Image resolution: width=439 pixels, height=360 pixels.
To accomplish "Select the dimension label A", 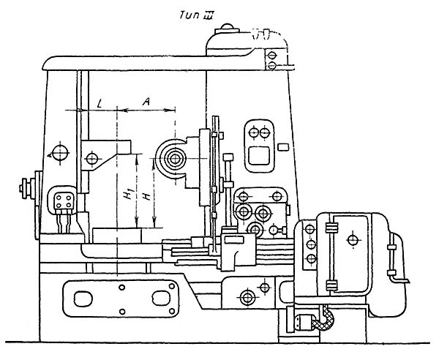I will click(148, 103).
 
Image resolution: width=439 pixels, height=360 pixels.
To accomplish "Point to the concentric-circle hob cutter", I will click(173, 159).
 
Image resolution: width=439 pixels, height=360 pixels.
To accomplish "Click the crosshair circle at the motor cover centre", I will click(352, 239).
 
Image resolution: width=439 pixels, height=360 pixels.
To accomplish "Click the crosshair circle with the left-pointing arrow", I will click(61, 154).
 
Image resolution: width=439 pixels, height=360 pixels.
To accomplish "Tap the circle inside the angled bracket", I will click(93, 158).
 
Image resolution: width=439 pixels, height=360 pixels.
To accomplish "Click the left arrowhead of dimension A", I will click(121, 110).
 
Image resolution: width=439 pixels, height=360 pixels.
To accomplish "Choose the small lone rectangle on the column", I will click(283, 148).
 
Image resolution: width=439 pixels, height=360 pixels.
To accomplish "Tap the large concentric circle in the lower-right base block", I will click(247, 296).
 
